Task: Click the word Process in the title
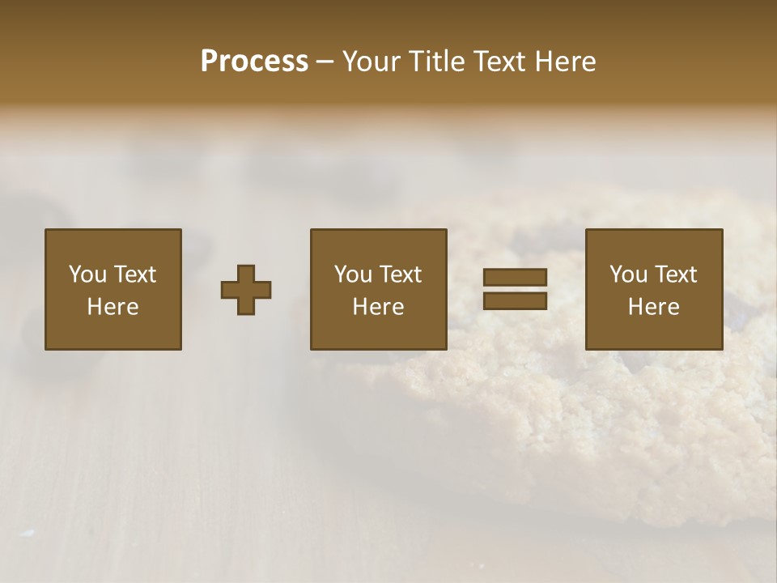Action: coord(254,62)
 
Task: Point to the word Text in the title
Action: coord(501,62)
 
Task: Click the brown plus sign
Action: coord(246,290)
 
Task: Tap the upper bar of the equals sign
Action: coord(515,277)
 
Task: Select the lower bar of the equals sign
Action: coord(515,300)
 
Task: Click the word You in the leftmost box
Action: coord(87,274)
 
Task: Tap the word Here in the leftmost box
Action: coord(113,307)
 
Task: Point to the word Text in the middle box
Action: coord(401,274)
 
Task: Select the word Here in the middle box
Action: coord(379,307)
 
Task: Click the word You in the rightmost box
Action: coord(628,274)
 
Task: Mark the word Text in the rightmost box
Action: coord(677,274)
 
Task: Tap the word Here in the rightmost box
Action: coord(654,307)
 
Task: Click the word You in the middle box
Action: coord(353,274)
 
